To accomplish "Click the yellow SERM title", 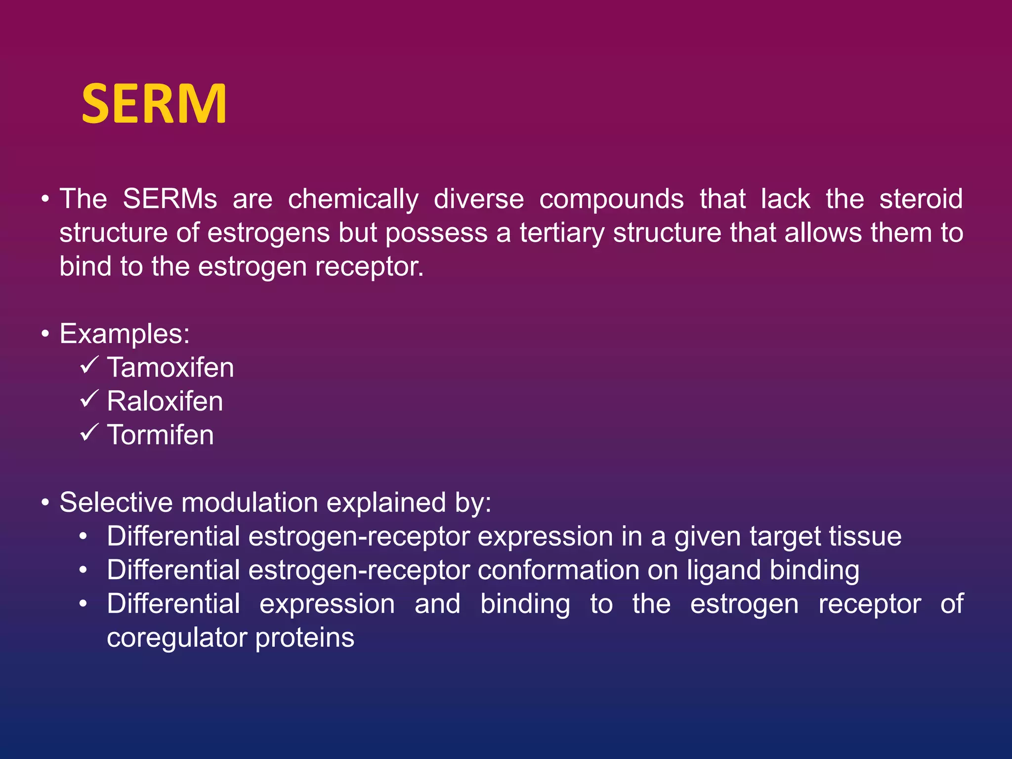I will coord(154,104).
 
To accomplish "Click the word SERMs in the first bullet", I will coord(169,199).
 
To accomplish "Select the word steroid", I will coord(921,199).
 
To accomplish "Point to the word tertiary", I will coord(562,234).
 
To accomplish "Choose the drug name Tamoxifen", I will coord(170,368).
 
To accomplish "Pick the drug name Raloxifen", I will coord(165,401).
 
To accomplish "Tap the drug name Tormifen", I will coord(160,435).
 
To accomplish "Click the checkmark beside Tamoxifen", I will coord(89,366).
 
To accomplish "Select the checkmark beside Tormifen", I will coord(89,433).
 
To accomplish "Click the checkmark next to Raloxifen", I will coord(89,399).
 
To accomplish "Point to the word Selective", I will coord(116,503).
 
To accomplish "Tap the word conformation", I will coord(558,570).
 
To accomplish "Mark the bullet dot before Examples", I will coord(45,335).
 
